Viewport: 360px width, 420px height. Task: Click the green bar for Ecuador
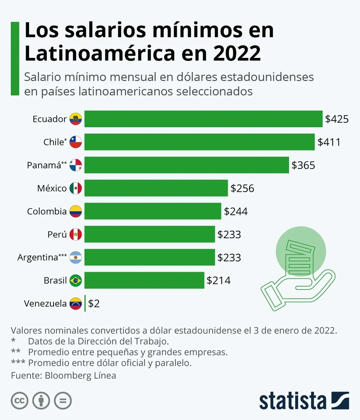pos(203,119)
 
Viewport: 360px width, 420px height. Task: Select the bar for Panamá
pos(186,165)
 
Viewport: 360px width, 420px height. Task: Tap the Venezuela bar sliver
pos(85,303)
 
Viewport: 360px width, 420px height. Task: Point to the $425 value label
pos(337,119)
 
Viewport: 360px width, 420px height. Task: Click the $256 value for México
pos(242,188)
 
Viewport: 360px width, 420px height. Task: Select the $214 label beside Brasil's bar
pos(219,280)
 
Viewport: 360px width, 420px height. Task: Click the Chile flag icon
pos(76,142)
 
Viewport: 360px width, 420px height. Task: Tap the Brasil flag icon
pos(76,280)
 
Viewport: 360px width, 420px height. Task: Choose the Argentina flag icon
pos(76,257)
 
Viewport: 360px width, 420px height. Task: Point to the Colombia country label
pos(47,211)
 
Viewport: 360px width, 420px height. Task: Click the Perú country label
pos(57,234)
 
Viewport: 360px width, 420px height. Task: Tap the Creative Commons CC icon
pos(20,401)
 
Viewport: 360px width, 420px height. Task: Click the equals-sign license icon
pos(63,401)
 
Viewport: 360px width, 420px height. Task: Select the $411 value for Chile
pos(329,142)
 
